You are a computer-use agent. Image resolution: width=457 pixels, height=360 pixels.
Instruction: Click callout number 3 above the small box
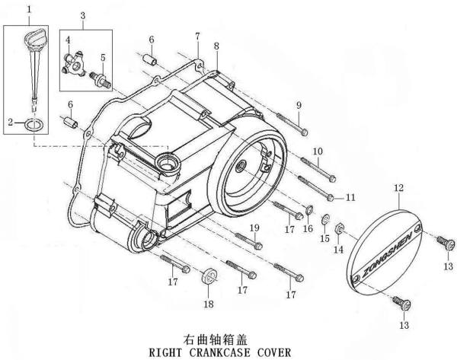[82, 15]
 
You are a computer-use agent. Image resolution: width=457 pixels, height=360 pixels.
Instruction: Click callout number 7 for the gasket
[197, 37]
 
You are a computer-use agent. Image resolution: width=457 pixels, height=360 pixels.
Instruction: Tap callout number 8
[216, 46]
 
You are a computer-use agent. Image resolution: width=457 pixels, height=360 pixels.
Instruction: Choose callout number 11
[350, 198]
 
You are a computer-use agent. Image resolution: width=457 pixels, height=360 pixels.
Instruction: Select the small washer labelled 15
[325, 221]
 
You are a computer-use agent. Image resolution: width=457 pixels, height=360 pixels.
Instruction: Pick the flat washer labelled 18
[208, 276]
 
